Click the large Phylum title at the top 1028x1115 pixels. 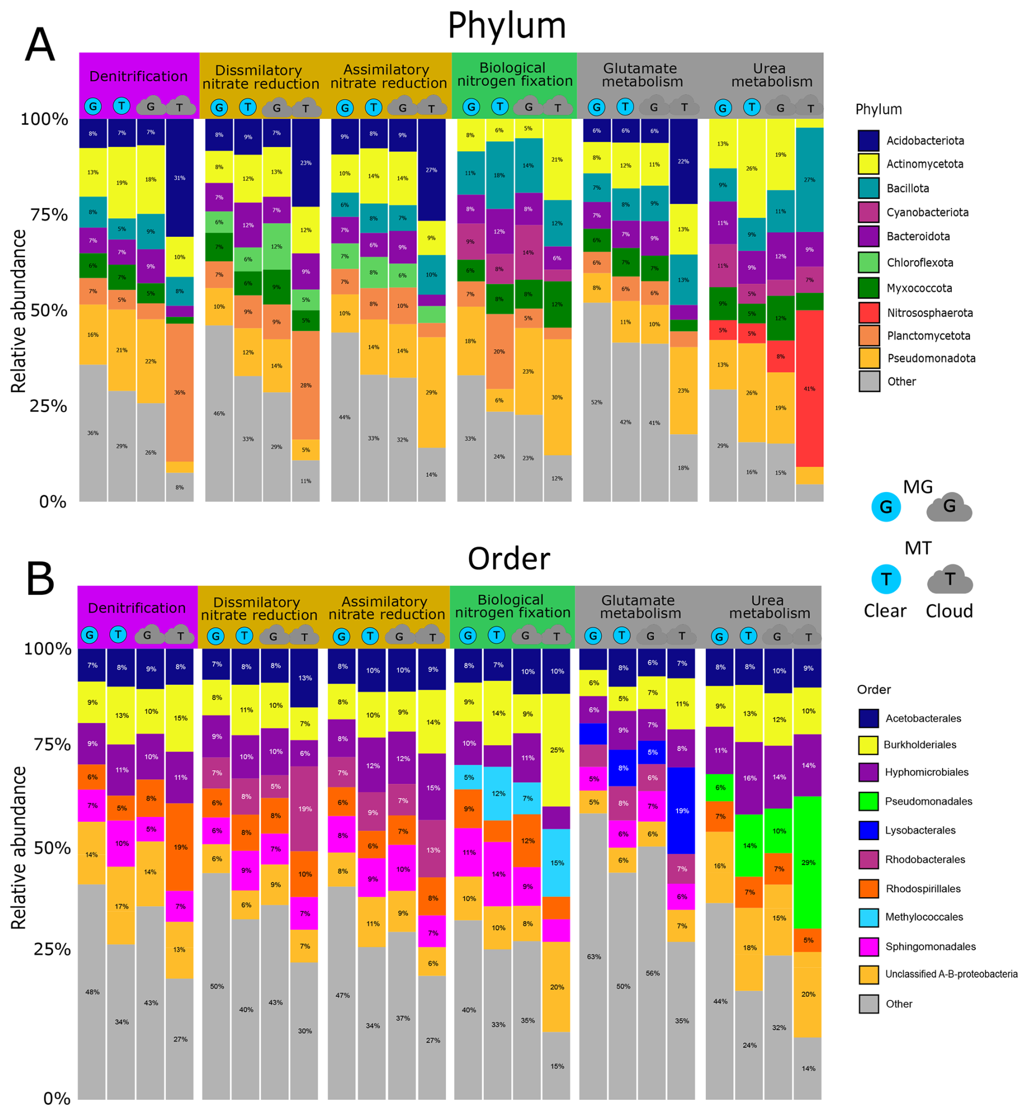(x=507, y=26)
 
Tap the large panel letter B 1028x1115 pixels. (x=40, y=579)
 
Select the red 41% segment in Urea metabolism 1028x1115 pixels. (x=810, y=388)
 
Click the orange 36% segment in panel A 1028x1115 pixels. (x=179, y=392)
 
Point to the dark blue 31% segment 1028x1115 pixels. (x=179, y=178)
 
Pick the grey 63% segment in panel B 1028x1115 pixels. (x=593, y=956)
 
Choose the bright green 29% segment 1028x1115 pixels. (x=808, y=862)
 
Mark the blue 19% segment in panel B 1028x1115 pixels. (x=681, y=811)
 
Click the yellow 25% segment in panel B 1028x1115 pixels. (x=557, y=749)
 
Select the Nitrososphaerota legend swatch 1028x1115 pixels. (x=868, y=312)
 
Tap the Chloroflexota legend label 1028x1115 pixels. (x=919, y=262)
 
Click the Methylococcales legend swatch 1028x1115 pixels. (x=868, y=917)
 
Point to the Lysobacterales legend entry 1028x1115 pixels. (x=920, y=830)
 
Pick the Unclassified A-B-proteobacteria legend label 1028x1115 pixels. (x=951, y=974)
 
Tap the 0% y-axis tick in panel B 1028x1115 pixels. (x=57, y=1099)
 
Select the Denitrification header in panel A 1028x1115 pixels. (x=139, y=76)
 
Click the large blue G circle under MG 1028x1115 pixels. (x=886, y=507)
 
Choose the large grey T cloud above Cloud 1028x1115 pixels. (x=950, y=579)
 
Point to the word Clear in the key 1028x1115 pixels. (x=885, y=611)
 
